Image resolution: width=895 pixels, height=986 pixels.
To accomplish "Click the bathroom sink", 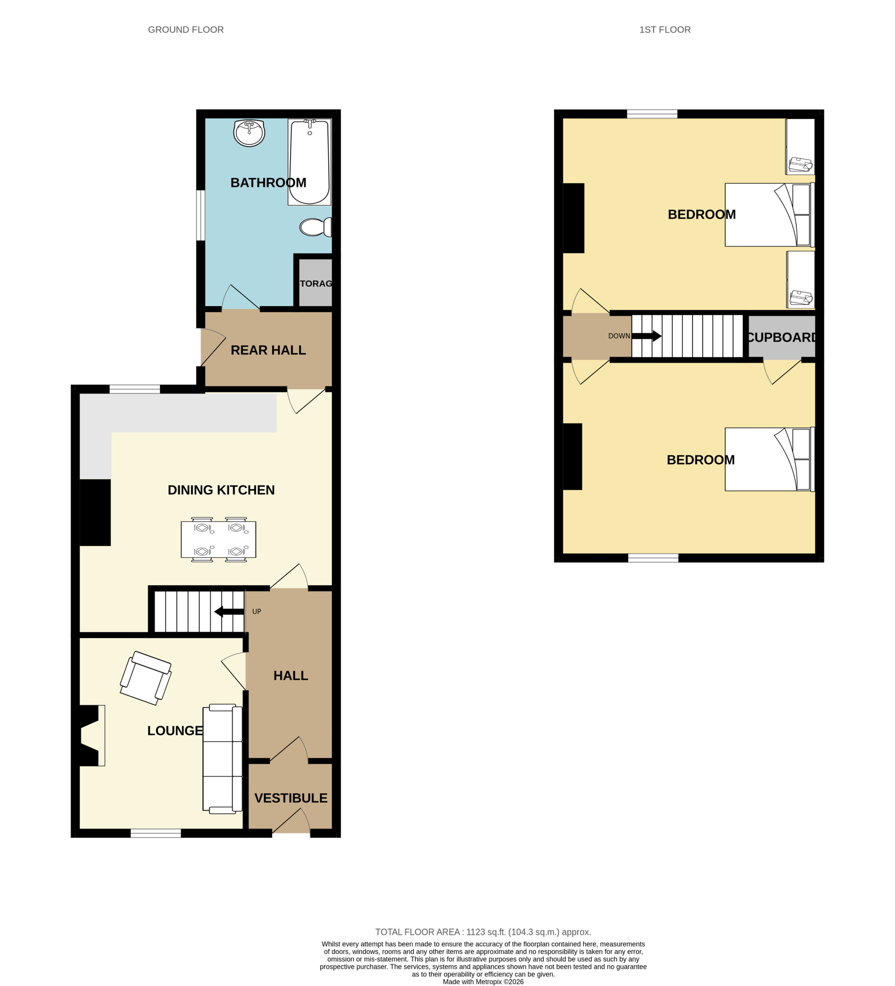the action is (x=249, y=133).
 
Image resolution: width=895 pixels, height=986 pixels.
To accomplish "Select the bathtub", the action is (x=309, y=162).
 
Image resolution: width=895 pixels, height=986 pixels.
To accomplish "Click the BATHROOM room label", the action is (x=268, y=183).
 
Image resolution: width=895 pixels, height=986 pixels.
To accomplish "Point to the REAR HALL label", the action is (x=268, y=350).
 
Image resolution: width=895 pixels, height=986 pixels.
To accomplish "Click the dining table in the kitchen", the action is (x=218, y=540).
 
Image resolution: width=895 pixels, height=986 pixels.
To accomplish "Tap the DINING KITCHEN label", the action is (x=221, y=490).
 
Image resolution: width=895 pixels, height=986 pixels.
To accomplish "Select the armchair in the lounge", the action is (x=146, y=678).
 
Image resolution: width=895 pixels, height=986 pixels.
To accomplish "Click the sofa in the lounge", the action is (x=223, y=759).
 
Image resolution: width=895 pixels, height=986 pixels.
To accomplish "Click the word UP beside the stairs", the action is (x=257, y=611).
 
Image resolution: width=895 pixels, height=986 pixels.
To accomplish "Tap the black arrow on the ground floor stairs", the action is (x=229, y=611).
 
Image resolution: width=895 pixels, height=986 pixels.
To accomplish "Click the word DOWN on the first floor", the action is (x=619, y=336).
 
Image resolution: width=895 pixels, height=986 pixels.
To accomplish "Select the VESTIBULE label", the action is (x=290, y=798).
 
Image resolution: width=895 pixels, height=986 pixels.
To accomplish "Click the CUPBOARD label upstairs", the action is (x=781, y=337).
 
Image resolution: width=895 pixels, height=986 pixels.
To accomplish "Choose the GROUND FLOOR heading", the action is (x=186, y=30).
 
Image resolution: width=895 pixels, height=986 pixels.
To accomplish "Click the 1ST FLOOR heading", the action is (x=665, y=30).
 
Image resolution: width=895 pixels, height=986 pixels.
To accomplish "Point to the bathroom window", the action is (x=201, y=215).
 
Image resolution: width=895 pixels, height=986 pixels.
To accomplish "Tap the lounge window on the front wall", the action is (x=156, y=833).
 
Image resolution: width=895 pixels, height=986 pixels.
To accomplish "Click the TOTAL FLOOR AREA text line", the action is (x=483, y=932).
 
